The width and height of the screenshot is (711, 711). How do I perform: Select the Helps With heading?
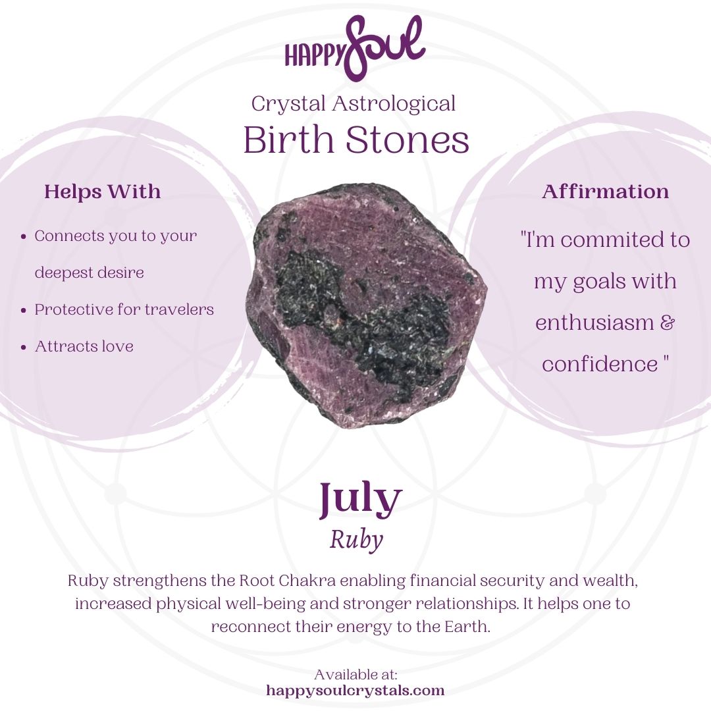(x=102, y=192)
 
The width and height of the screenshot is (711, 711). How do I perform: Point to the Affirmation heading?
(x=605, y=192)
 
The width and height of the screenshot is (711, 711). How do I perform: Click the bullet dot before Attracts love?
(x=24, y=347)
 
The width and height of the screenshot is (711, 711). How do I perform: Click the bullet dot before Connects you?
(x=24, y=236)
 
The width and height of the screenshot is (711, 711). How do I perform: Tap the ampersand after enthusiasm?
(x=667, y=323)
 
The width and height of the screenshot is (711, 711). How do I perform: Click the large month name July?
(x=360, y=500)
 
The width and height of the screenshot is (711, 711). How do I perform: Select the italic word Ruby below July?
(x=356, y=540)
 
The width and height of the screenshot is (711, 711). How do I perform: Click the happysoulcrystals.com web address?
(x=355, y=691)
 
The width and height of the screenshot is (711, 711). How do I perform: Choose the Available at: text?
(x=355, y=675)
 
